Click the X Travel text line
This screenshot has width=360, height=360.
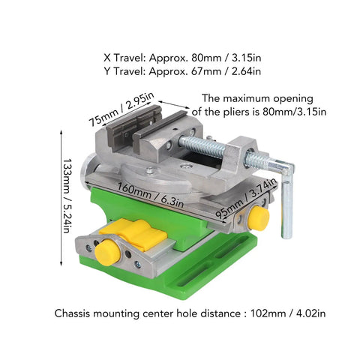click(182, 58)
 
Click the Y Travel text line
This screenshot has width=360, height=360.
click(182, 71)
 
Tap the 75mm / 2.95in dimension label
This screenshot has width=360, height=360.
click(121, 109)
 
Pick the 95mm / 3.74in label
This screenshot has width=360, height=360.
click(246, 199)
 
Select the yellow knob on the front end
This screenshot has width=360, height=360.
click(108, 252)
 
